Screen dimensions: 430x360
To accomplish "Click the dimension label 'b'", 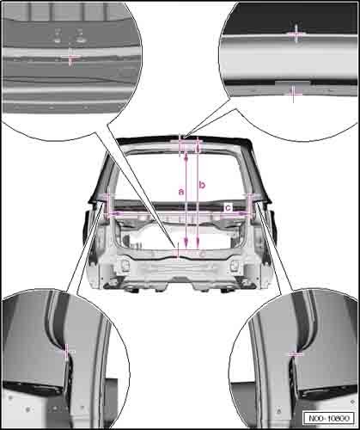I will tap(202, 184).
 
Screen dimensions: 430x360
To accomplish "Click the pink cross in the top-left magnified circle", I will tap(71, 57).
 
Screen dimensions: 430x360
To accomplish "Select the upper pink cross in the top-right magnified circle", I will tap(296, 34).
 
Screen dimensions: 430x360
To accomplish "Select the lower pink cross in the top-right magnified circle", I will tap(294, 93).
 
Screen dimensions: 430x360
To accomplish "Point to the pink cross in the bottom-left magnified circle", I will tap(68, 351).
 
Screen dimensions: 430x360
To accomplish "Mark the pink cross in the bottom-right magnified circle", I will tap(295, 353).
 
